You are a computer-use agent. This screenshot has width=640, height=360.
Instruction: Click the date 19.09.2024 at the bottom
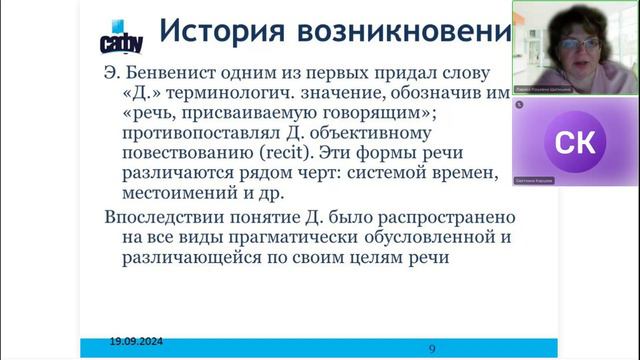tap(137, 341)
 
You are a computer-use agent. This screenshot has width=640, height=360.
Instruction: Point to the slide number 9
tap(431, 348)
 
